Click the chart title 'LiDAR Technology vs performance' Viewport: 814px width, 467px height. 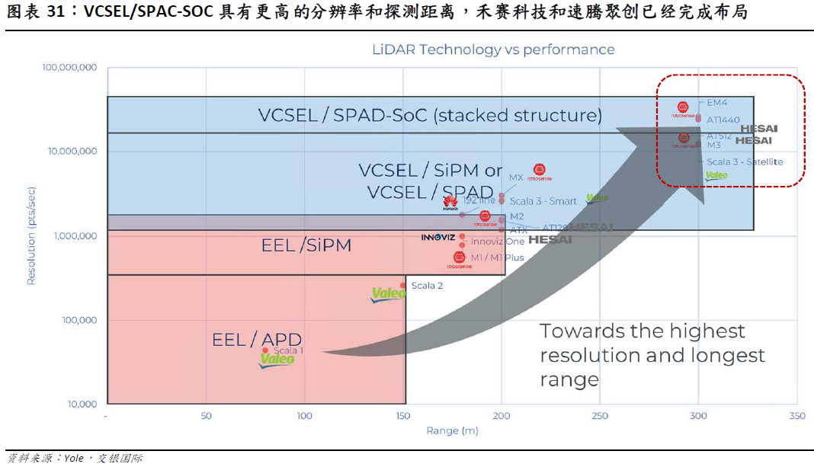[493, 50]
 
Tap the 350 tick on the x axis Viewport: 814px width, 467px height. [796, 416]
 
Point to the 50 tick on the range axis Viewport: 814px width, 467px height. [206, 416]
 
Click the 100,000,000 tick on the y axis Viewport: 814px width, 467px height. [69, 68]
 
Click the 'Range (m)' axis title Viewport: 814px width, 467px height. [452, 430]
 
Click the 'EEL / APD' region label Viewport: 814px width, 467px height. [257, 339]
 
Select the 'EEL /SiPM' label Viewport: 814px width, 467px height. [306, 245]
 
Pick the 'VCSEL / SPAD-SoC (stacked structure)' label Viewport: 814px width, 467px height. [430, 115]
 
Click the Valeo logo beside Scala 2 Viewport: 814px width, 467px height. [388, 294]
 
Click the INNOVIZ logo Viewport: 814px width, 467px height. [438, 237]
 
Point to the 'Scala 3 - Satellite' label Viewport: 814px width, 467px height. [745, 162]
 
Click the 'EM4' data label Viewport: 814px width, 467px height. [717, 102]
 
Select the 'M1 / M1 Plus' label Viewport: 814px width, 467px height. [497, 257]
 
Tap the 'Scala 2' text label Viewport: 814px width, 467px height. [427, 286]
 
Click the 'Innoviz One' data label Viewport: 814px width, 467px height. [498, 241]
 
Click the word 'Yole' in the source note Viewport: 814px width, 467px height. [74, 458]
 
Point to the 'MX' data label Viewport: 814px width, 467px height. [516, 178]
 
